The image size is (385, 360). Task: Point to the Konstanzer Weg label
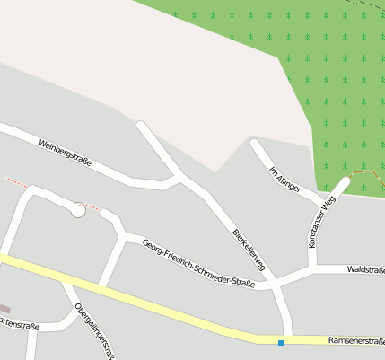tap(321, 222)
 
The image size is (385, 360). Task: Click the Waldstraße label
tap(366, 268)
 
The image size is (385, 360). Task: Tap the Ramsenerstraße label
tap(356, 341)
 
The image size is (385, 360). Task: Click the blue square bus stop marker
tap(281, 342)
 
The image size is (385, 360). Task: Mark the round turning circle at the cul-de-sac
tap(78, 210)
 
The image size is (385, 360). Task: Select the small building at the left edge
tap(4, 308)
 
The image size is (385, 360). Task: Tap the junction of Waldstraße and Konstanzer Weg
tap(313, 269)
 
